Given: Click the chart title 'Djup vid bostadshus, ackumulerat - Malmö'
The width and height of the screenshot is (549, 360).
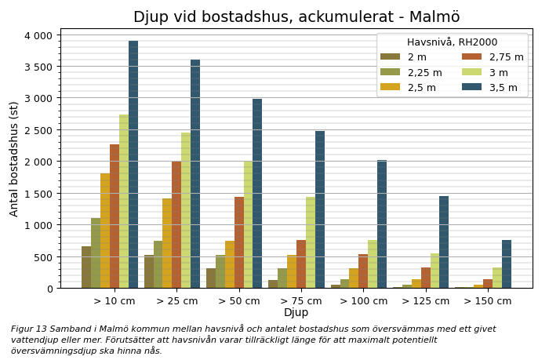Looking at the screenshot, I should click(296, 17).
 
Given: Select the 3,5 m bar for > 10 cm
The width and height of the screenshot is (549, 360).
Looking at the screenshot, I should click(133, 165).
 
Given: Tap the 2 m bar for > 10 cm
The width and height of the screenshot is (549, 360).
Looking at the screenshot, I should click(86, 267).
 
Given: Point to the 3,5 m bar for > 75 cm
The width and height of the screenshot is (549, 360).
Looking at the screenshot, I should click(320, 209).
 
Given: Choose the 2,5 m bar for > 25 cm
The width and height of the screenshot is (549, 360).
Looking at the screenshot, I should click(167, 243).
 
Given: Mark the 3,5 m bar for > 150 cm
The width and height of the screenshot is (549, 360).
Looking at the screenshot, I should click(507, 264).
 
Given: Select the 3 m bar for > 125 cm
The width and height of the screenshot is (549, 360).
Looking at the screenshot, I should click(434, 271).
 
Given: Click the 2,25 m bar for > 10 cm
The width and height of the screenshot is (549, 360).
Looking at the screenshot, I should click(96, 253).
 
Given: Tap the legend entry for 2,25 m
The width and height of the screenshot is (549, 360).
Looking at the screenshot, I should click(424, 72).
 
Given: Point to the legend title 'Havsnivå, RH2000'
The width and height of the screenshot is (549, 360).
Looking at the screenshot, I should click(452, 42).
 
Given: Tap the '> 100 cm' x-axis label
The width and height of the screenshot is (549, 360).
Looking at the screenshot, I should click(364, 300).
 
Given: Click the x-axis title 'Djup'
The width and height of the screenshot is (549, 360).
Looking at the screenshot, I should click(296, 313).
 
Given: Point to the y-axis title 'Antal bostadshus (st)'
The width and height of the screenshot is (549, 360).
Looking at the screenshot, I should click(14, 158).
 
